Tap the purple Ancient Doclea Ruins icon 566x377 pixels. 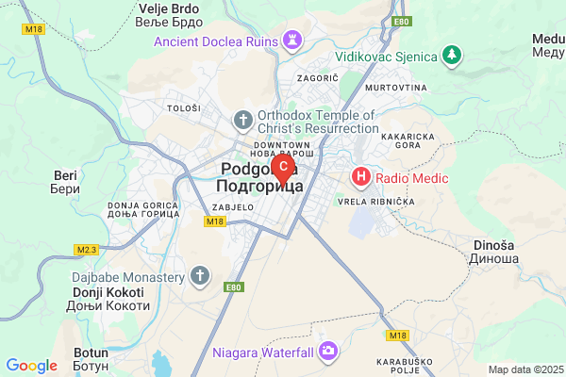point(291,41)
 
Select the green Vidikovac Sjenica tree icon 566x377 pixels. point(454,56)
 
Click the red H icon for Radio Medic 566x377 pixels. point(360,176)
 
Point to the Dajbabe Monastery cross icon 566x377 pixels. point(199,277)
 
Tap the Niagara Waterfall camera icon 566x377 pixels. point(328,352)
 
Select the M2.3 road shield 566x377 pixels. point(87,250)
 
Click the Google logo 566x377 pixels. point(31,366)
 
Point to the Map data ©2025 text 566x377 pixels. point(524,369)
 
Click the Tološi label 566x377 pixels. point(184,108)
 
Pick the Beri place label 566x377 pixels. point(64,182)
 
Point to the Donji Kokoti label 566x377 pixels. point(110,299)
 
